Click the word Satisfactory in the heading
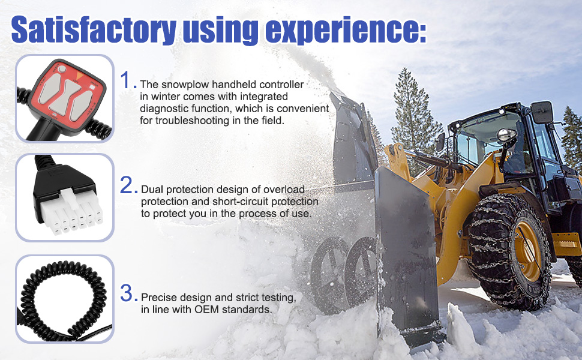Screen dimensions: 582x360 (94, 29)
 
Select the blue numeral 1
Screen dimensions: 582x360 (126, 80)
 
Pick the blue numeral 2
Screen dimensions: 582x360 (126, 185)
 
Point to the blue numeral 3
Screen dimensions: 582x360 (127, 293)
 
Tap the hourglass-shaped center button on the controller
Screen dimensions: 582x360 (65, 97)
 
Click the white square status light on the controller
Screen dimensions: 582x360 (92, 87)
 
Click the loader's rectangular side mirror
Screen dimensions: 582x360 (542, 112)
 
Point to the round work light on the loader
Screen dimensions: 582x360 (506, 135)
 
